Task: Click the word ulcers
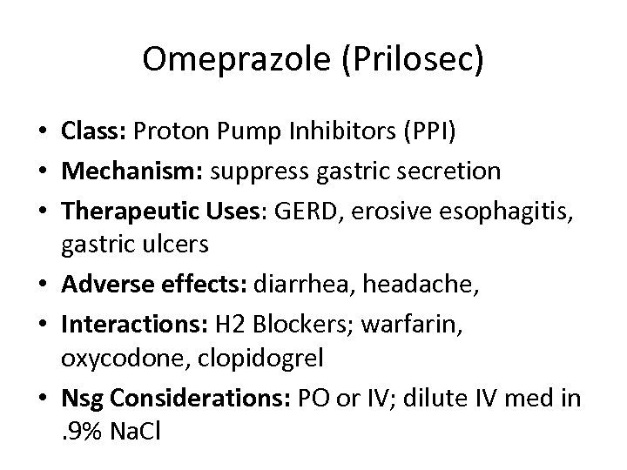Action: [x=179, y=245]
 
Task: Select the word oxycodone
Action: [x=110, y=358]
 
